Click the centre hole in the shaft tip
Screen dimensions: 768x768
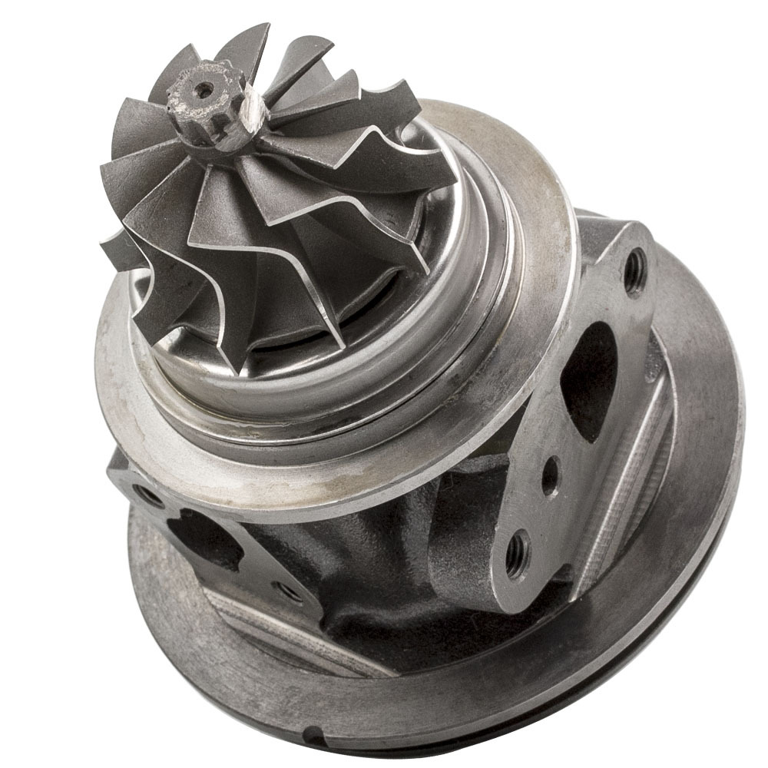204,90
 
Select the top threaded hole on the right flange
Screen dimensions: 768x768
634,271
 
